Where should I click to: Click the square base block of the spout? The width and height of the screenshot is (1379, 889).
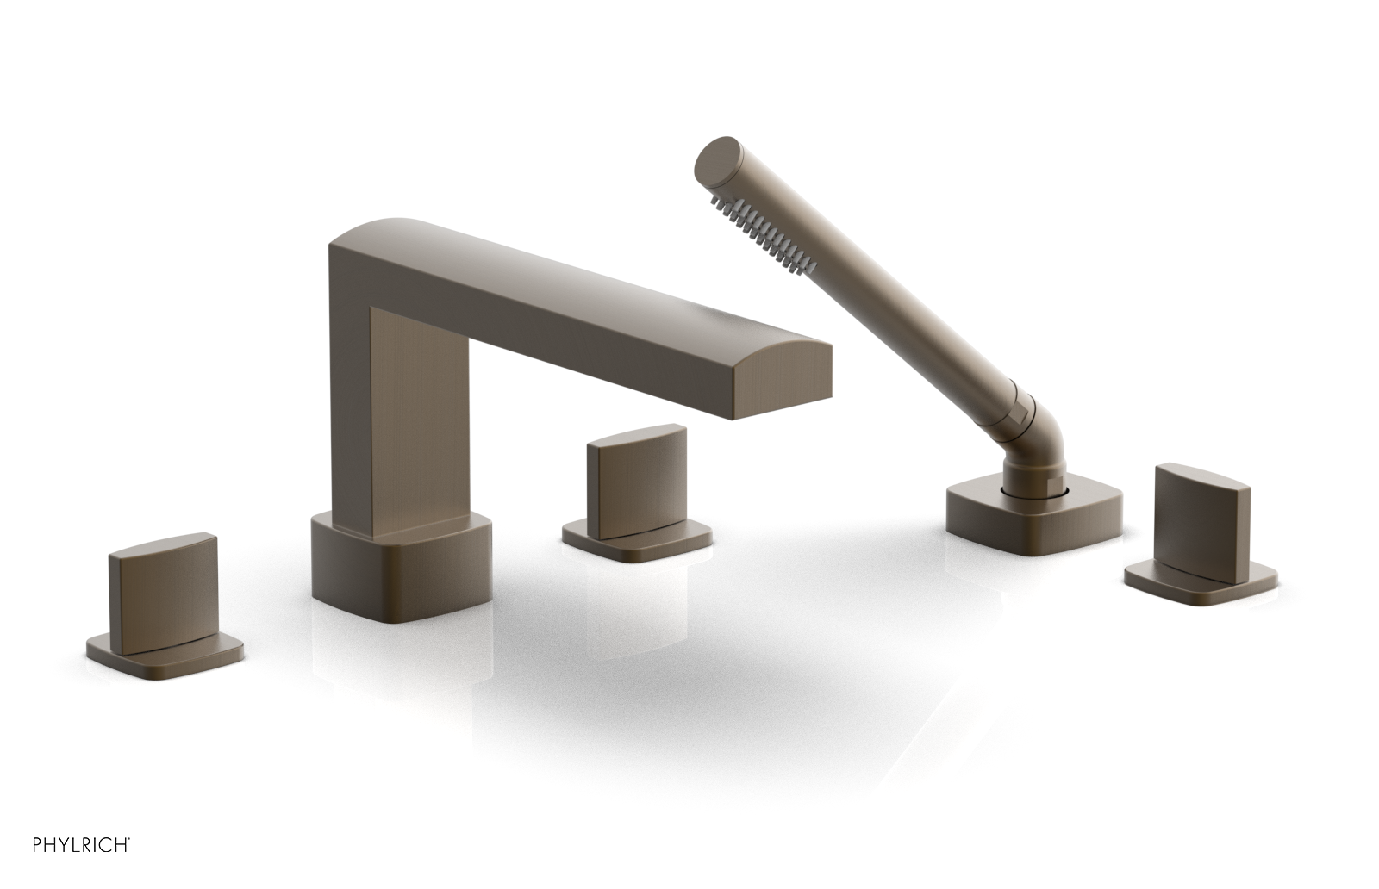396,560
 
